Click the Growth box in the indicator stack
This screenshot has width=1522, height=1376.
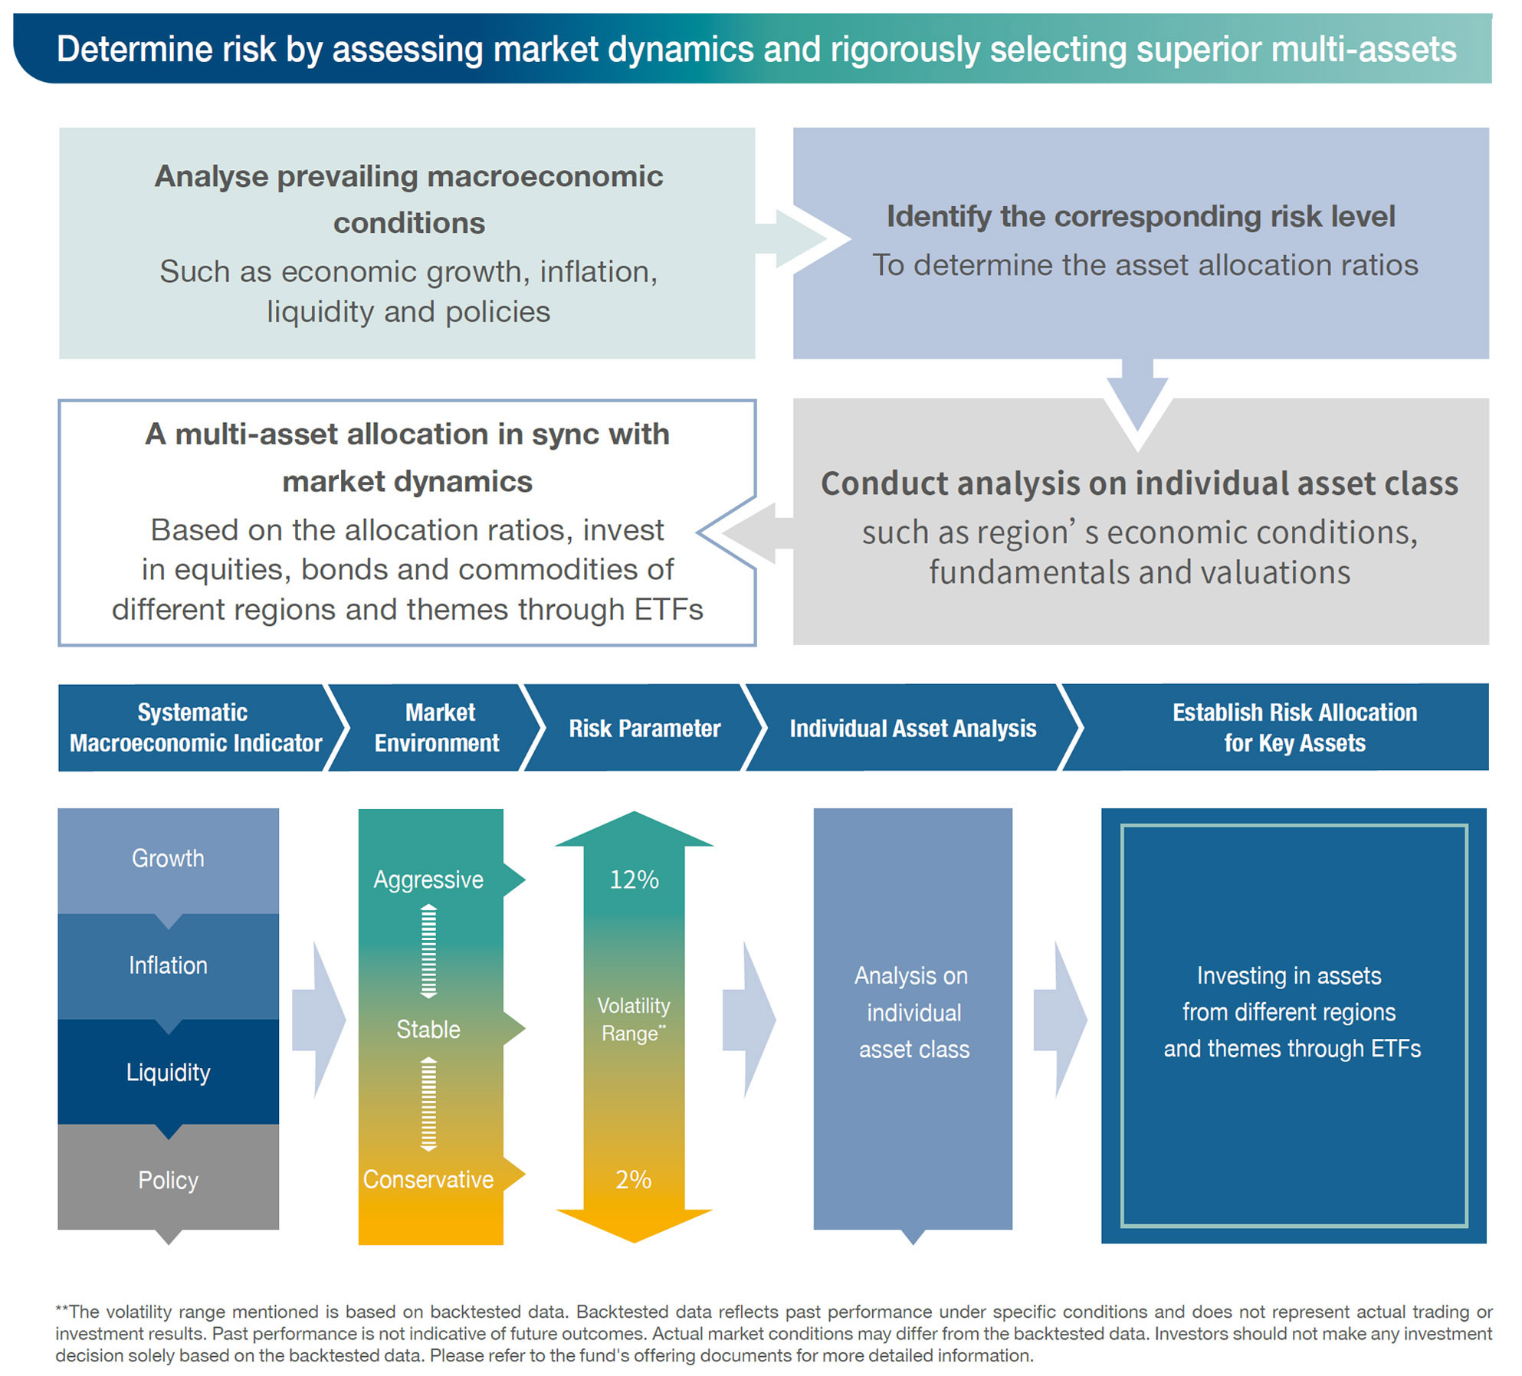(168, 859)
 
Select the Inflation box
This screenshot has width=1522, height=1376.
(168, 965)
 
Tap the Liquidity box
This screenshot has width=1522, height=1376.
(168, 1073)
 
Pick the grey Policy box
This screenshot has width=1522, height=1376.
(168, 1180)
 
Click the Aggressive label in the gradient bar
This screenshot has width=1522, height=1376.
(428, 880)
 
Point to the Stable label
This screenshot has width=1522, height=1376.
(428, 1029)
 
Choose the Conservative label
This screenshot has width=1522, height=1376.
(428, 1179)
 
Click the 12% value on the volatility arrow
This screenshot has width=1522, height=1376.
(634, 880)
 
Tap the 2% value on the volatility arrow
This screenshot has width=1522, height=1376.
(634, 1179)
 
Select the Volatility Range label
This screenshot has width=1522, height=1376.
(634, 1019)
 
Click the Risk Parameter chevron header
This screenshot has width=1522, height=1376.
(645, 729)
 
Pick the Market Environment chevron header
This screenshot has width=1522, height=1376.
(438, 728)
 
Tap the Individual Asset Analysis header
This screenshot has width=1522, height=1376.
(913, 729)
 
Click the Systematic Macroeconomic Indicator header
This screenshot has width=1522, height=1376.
(195, 728)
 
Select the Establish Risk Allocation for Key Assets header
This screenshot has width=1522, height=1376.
(1294, 728)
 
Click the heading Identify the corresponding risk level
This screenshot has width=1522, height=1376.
(1140, 217)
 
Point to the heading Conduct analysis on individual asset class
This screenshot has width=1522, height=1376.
(1140, 483)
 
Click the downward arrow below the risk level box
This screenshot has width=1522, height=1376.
(1138, 402)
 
